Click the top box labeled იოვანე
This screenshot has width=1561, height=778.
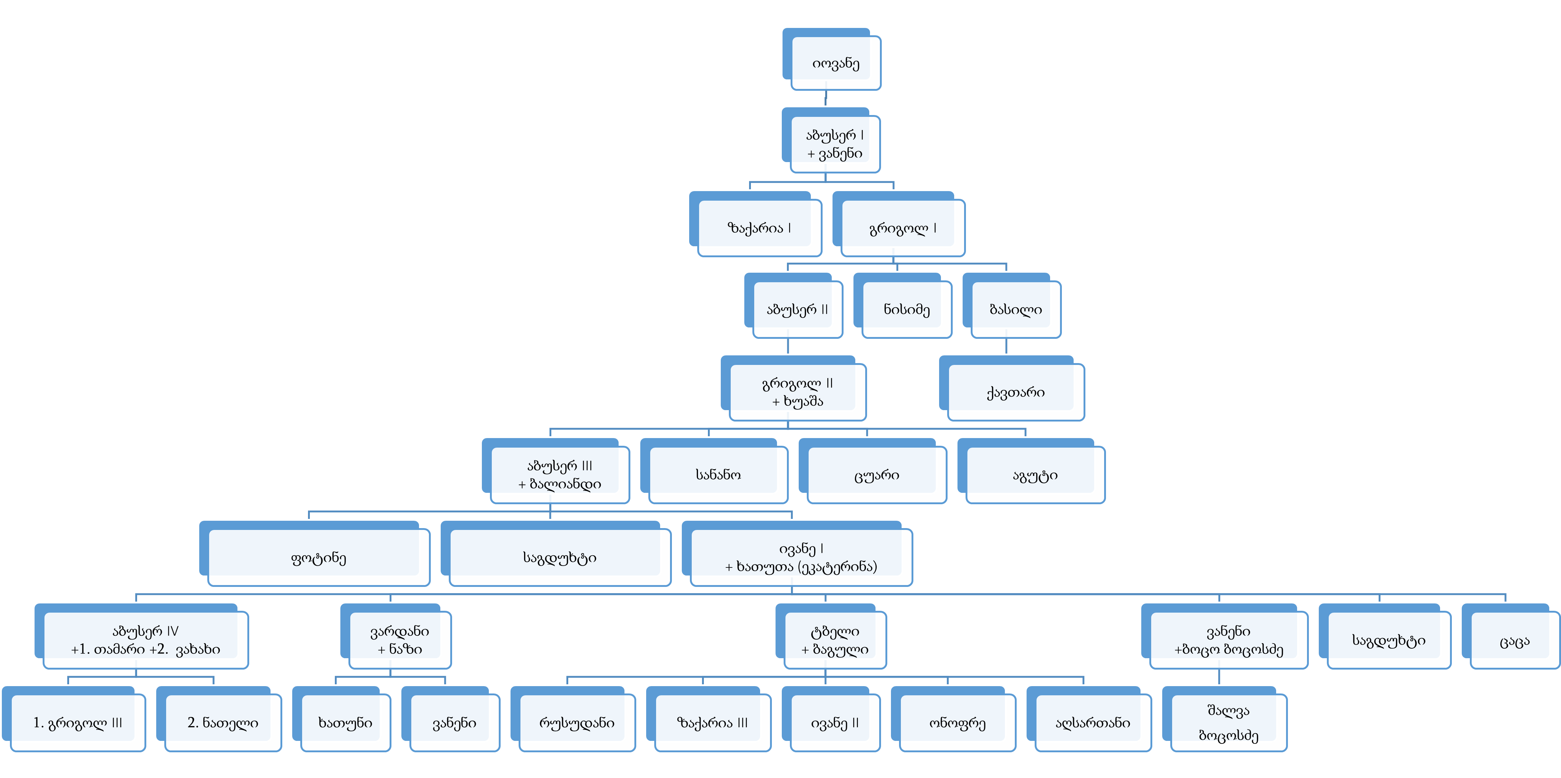(836, 63)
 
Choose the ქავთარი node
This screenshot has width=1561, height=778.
(1016, 392)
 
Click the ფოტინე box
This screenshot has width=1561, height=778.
(319, 557)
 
